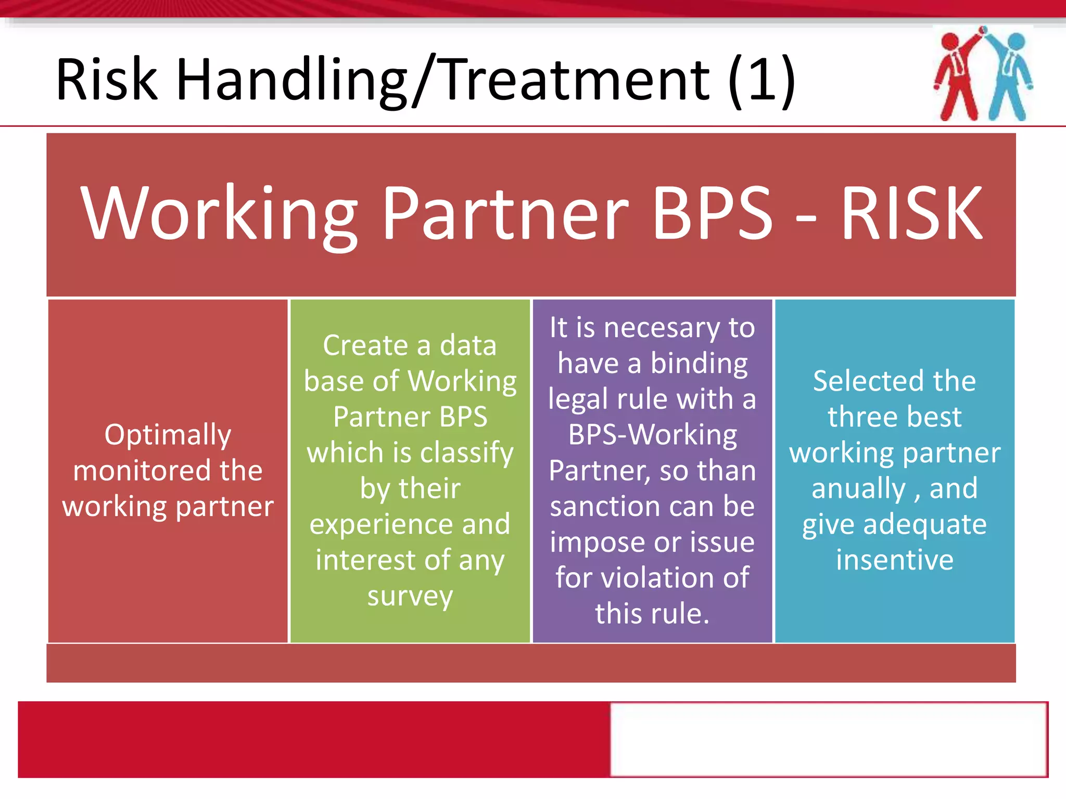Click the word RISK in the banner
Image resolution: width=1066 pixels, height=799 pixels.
pyautogui.click(x=911, y=214)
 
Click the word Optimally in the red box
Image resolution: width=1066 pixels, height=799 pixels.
pyautogui.click(x=168, y=435)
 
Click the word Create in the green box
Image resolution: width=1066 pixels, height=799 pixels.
pyautogui.click(x=365, y=345)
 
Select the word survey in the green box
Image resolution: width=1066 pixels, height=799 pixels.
pyautogui.click(x=410, y=596)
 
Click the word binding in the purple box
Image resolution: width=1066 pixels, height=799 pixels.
pyautogui.click(x=699, y=364)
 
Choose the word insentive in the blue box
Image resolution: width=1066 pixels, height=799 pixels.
pyautogui.click(x=895, y=560)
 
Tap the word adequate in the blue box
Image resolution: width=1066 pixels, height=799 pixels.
pyautogui.click(x=924, y=524)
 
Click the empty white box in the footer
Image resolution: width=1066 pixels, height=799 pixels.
pyautogui.click(x=829, y=739)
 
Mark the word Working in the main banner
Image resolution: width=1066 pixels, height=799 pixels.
pyautogui.click(x=219, y=214)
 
